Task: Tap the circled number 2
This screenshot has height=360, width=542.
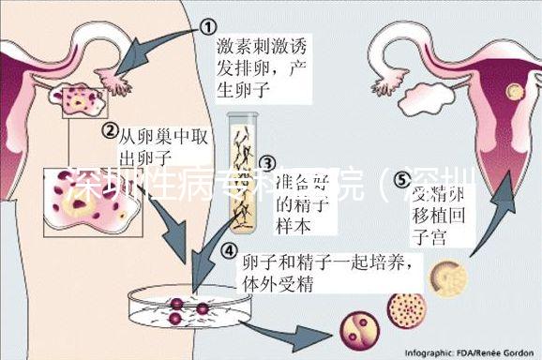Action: [x=110, y=130]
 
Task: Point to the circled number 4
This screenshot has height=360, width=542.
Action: [x=229, y=250]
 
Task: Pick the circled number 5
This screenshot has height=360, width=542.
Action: [x=403, y=178]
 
